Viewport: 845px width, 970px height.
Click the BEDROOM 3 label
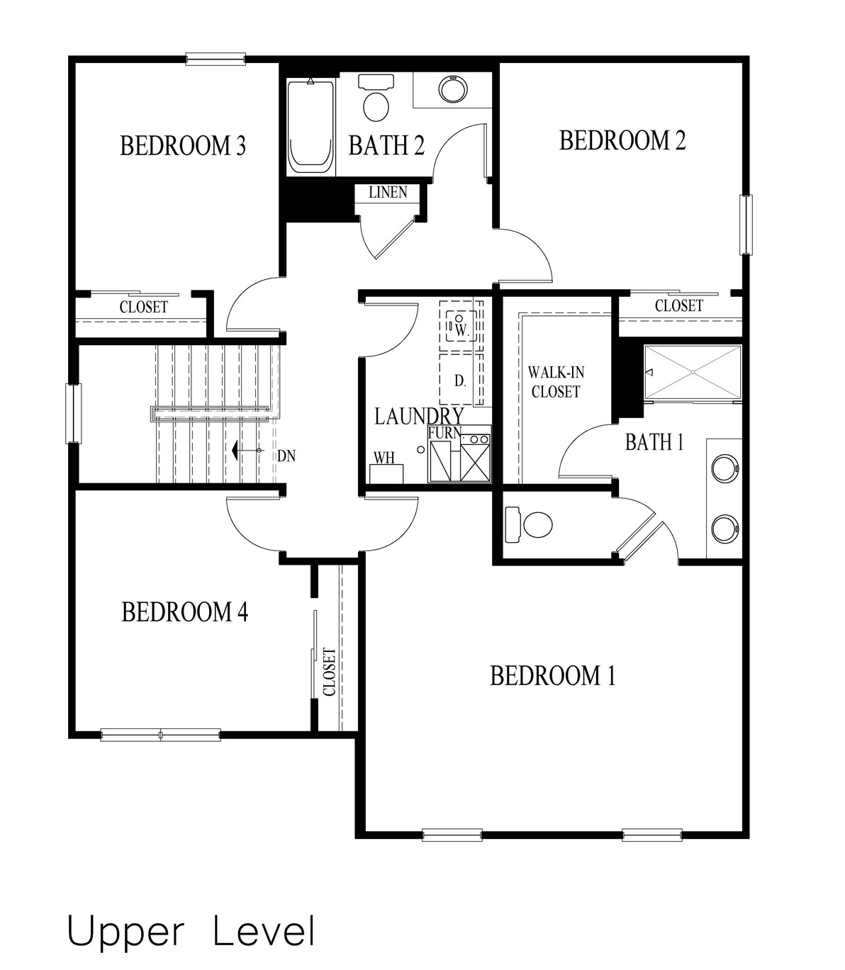coord(183,145)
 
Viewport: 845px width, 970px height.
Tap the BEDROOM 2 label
coord(622,140)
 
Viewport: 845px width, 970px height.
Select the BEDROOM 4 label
coord(185,611)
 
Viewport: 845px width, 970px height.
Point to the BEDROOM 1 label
coord(553,675)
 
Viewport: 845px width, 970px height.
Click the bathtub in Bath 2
coord(310,127)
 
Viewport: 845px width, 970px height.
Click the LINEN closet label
coord(388,192)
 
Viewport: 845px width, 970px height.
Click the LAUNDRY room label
coord(419,416)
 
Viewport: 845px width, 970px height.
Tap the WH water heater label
coord(384,458)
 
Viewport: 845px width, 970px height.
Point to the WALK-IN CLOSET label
coord(556,382)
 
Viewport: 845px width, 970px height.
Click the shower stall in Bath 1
coord(693,373)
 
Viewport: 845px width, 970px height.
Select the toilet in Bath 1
coord(529,525)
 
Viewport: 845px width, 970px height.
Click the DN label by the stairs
coord(286,456)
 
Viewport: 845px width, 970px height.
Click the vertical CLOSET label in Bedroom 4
coord(329,672)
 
